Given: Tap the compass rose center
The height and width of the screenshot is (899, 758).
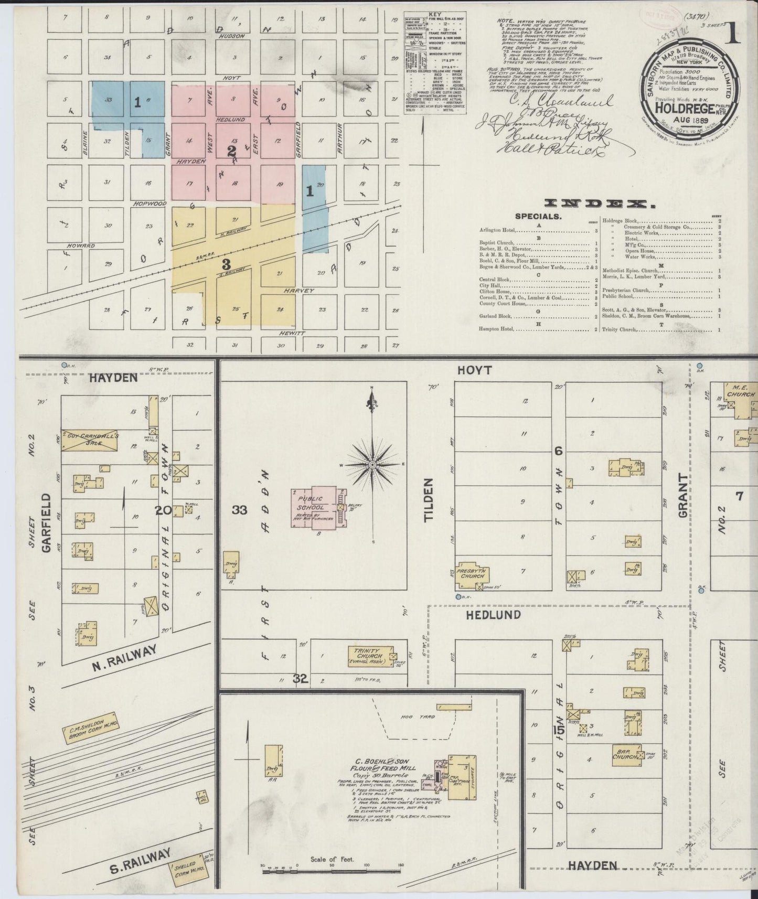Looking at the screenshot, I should tap(372, 465).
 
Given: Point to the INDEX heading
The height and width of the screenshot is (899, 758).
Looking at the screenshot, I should tap(600, 204).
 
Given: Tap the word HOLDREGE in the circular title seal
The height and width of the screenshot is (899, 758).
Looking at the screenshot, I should tap(684, 109).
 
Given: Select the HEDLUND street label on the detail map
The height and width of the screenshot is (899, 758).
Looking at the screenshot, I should tap(493, 615).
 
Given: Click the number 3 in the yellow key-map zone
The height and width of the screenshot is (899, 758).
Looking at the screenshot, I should tap(226, 263).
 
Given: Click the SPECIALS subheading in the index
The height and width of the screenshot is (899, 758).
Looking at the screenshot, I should tap(538, 216).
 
